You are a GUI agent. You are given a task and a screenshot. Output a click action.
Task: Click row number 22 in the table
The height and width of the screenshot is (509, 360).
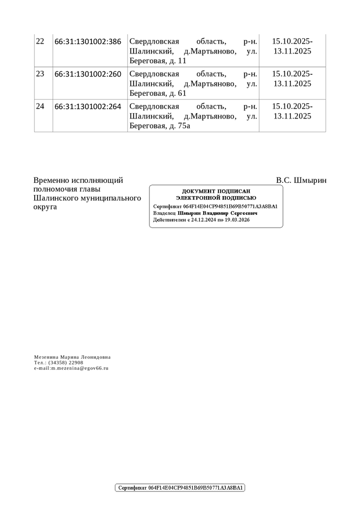coord(40,42)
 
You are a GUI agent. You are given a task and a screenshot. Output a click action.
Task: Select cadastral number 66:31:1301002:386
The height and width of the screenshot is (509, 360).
coord(88,42)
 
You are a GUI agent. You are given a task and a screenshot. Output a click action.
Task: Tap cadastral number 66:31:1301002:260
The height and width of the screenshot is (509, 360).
coord(88,74)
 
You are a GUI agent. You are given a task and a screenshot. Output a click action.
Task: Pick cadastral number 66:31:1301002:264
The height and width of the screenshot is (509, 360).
coord(88,107)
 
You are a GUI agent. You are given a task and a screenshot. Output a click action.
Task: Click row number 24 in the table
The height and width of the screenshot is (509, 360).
coord(40,107)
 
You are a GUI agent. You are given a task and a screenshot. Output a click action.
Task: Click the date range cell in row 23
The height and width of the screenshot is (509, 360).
coord(292,79)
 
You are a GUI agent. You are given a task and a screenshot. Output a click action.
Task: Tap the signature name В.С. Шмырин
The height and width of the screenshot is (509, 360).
coord(301,181)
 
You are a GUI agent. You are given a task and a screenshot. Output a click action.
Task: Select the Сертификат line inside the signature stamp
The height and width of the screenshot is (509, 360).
coord(215,207)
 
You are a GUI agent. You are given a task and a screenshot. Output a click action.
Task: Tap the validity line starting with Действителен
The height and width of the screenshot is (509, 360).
coord(201,221)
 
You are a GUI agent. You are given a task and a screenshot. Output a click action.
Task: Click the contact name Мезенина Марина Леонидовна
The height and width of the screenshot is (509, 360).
coord(72,358)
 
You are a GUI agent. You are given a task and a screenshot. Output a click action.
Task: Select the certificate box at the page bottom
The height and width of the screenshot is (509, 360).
coord(181,488)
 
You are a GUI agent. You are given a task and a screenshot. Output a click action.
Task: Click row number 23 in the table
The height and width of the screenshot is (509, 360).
coord(40,74)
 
